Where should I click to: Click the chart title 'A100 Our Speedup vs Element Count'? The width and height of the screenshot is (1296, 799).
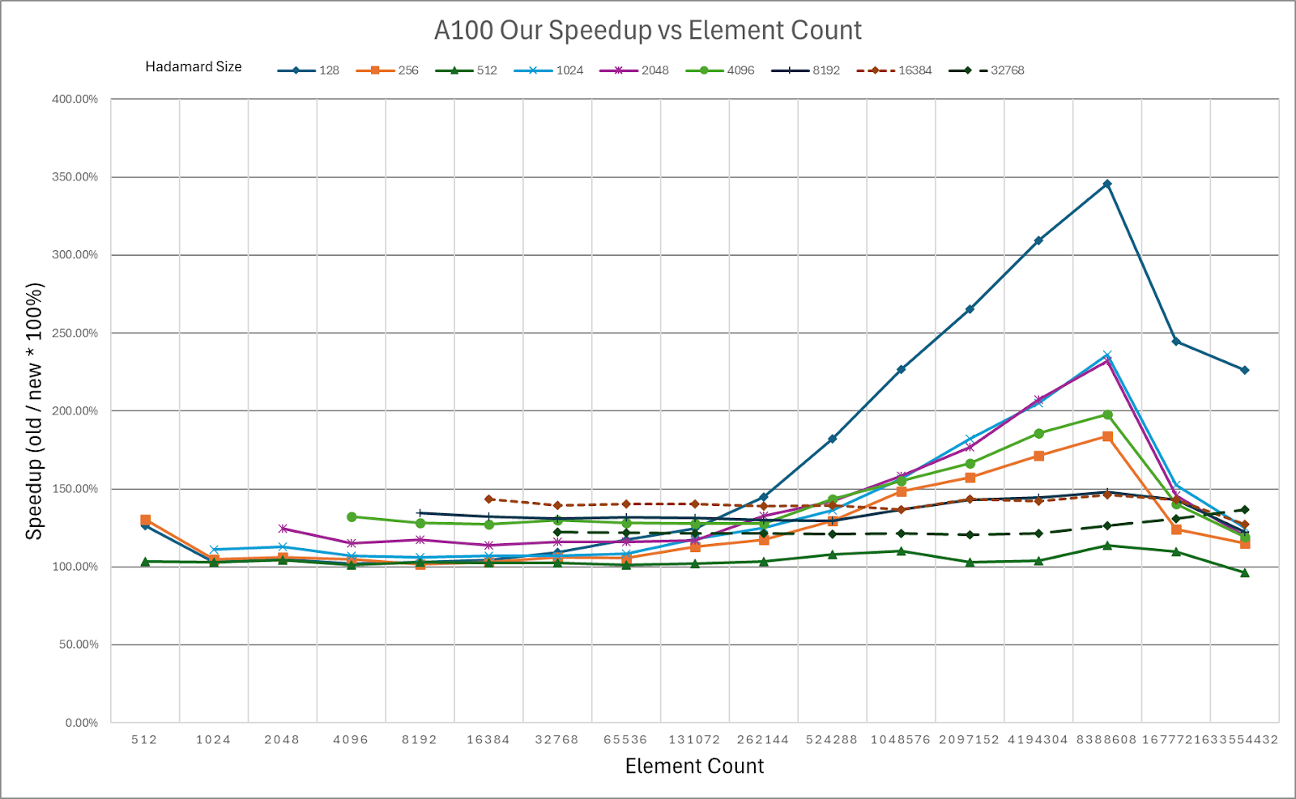click(647, 31)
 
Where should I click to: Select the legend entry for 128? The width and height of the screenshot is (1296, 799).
click(308, 70)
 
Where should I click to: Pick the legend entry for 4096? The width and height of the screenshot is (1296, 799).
click(719, 70)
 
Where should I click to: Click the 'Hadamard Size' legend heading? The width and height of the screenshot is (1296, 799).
click(194, 66)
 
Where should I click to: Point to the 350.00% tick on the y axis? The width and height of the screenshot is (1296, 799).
click(75, 177)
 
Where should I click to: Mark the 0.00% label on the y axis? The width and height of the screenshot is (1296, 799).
click(82, 723)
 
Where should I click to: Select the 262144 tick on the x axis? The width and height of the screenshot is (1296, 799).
click(763, 740)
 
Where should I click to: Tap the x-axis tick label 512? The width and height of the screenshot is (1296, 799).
click(144, 740)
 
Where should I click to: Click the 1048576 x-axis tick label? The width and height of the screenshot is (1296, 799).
click(901, 740)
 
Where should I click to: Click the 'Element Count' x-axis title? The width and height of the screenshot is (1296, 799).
click(694, 766)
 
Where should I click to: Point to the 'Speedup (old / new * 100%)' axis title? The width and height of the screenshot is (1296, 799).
click(34, 411)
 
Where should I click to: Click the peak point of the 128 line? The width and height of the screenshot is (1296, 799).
click(1107, 184)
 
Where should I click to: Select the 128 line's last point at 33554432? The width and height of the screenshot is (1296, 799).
click(1245, 370)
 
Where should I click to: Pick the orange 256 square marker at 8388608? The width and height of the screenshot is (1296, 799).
click(1107, 436)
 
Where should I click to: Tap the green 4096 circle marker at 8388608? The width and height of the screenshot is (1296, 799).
click(1107, 415)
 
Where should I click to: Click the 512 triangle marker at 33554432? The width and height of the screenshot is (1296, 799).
click(1245, 573)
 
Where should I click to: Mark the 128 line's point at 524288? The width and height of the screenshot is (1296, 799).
click(832, 439)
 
